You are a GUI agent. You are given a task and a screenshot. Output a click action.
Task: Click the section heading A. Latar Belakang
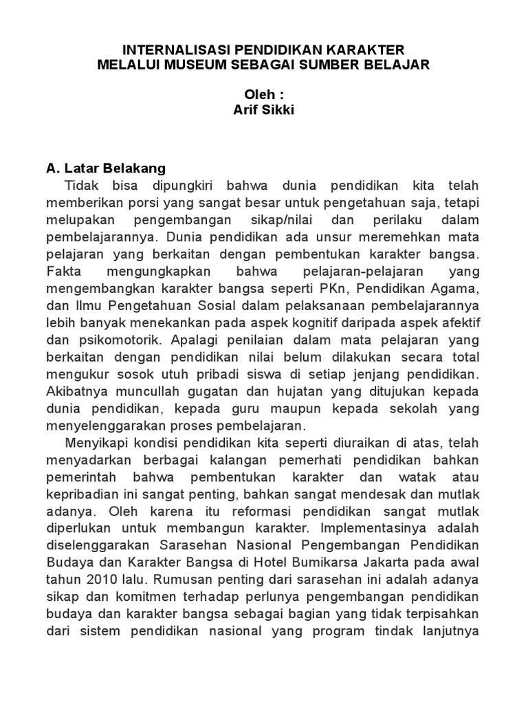click(106, 168)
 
